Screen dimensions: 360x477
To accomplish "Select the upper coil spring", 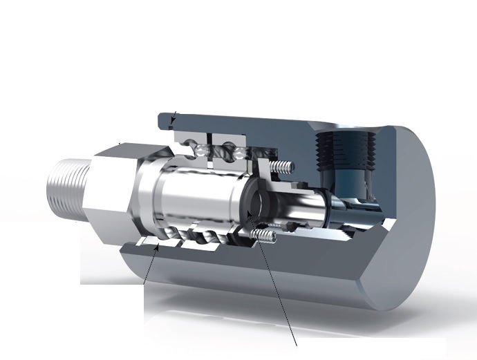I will [x=283, y=167].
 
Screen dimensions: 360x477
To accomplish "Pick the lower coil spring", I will [x=267, y=237].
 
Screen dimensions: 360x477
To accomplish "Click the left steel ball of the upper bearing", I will [x=199, y=150].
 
